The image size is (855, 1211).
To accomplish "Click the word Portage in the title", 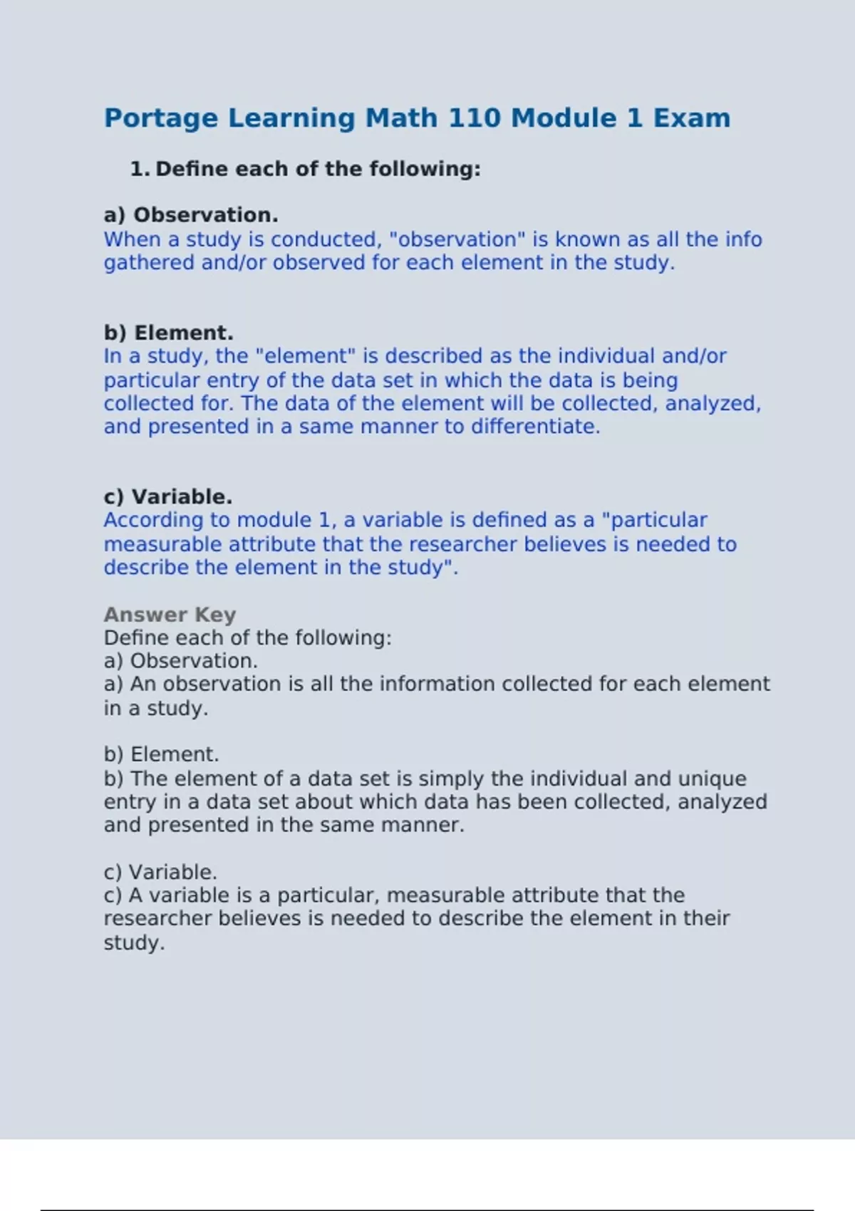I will pyautogui.click(x=161, y=118).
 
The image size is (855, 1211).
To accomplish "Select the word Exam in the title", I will pyautogui.click(x=692, y=118).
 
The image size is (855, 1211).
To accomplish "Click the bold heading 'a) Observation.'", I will pyautogui.click(x=191, y=215).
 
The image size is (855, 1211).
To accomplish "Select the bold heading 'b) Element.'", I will pyautogui.click(x=169, y=333).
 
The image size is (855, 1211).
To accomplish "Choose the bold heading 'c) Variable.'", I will pyautogui.click(x=168, y=497).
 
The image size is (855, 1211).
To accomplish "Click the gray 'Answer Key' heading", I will pyautogui.click(x=170, y=615).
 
